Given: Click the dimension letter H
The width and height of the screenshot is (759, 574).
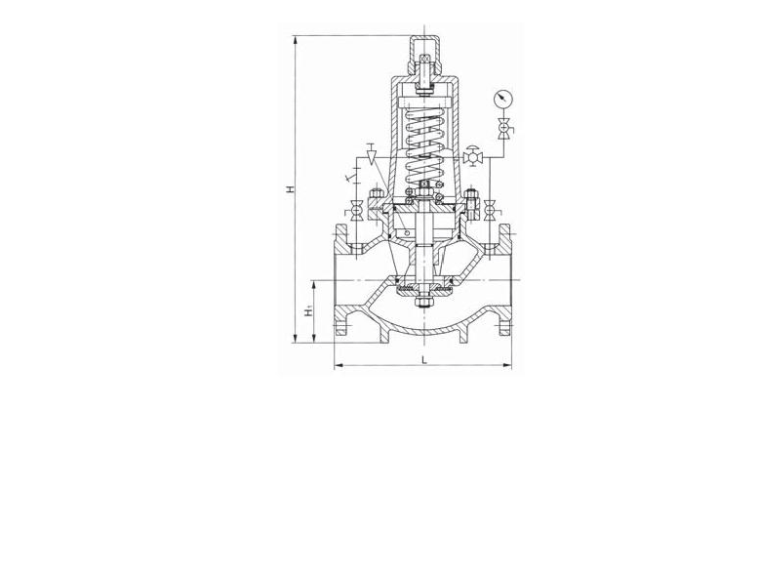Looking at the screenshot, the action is click(x=290, y=188).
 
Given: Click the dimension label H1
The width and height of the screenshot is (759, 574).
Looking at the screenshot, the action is click(x=309, y=311).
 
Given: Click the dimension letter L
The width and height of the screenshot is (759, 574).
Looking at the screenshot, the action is click(x=424, y=359).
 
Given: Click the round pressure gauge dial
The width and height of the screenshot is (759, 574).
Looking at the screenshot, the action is click(x=503, y=99).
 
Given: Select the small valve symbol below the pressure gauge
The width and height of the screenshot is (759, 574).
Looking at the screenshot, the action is click(x=504, y=129).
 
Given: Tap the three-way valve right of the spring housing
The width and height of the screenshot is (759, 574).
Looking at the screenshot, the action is click(x=471, y=157).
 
